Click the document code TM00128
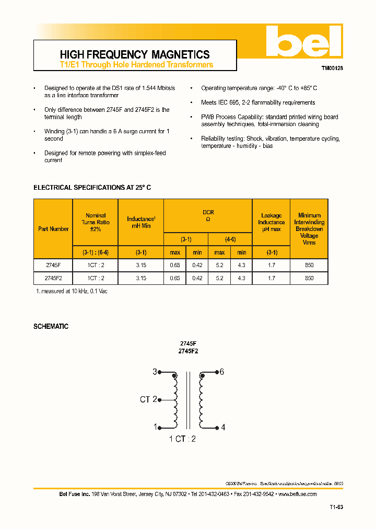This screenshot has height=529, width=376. pos(332,68)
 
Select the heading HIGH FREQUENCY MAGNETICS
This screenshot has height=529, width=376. pos(135,54)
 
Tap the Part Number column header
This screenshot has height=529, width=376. pos(53,229)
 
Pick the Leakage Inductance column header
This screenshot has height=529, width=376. pos(271,222)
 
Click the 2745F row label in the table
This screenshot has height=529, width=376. pos(53,265)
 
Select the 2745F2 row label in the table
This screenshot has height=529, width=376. pos(53,278)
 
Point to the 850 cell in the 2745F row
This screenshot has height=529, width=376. pos(309,265)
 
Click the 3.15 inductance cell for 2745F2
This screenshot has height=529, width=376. pos(141,278)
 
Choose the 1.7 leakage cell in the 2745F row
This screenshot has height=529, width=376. pos(271,265)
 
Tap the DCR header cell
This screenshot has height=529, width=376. pos(208,215)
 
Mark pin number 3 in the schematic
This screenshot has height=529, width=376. pos(155,372)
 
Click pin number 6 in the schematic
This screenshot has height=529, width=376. pos(221,372)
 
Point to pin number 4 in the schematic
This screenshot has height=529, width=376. pos(223,427)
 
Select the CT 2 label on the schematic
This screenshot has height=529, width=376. pos(148,399)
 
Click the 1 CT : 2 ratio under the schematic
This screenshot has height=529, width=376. pos(182,439)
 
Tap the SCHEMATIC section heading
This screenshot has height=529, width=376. pos(51,326)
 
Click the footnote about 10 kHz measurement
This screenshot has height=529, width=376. pos(71,291)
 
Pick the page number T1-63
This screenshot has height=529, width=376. pos(336,507)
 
